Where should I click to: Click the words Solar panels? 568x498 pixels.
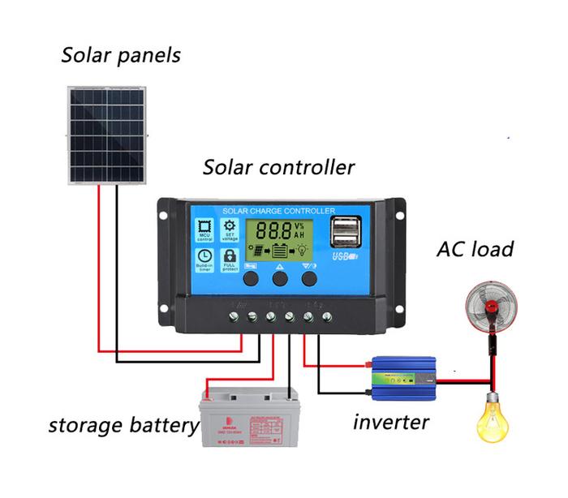point(121,56)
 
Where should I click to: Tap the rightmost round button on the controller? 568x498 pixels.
point(309,278)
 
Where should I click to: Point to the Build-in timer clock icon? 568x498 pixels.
point(204,260)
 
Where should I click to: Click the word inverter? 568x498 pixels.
point(390,422)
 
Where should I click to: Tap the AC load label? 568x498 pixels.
point(475,249)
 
